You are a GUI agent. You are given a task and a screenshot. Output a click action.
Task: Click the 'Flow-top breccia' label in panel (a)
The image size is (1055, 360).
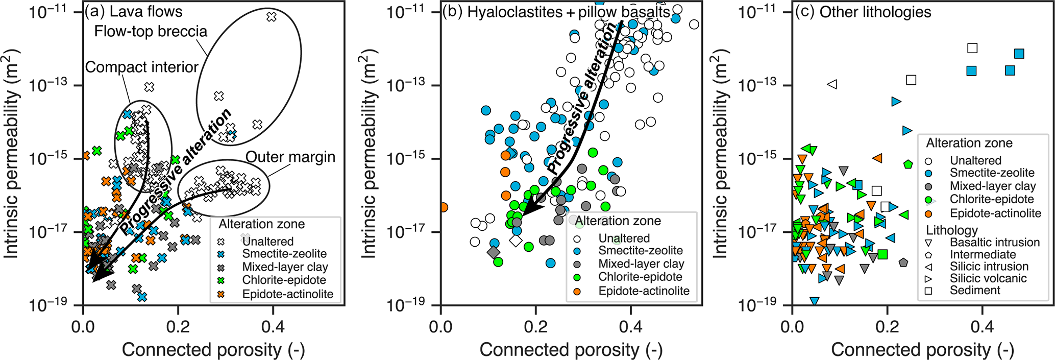tap(151, 32)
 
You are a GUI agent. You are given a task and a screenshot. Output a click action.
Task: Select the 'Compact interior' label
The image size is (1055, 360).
tap(141, 67)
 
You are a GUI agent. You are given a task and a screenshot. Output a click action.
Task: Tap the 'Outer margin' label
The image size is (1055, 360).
tap(290, 157)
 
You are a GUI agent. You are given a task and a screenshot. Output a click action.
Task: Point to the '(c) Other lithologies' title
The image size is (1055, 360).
tap(863, 12)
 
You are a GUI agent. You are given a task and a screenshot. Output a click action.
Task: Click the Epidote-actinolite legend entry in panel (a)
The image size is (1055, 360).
tap(287, 294)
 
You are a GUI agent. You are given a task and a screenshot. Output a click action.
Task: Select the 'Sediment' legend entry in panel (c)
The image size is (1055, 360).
tap(975, 291)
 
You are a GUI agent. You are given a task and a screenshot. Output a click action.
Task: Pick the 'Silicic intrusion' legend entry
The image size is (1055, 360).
tap(989, 267)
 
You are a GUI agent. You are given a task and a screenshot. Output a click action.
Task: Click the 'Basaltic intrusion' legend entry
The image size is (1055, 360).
tap(994, 243)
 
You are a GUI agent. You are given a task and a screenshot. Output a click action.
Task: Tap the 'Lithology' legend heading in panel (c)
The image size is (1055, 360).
tap(952, 230)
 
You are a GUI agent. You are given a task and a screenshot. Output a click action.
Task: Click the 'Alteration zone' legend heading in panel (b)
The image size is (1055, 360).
tap(618, 221)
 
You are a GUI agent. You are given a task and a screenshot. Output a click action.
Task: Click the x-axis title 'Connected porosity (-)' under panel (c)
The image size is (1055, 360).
tap(922, 350)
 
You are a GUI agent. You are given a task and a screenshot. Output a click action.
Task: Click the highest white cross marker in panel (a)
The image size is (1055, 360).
tap(272, 17)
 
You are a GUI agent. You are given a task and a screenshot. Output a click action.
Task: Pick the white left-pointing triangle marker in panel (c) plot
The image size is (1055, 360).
tap(832, 84)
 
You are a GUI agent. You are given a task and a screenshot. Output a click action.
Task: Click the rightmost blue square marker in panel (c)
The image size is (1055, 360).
tap(1019, 54)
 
